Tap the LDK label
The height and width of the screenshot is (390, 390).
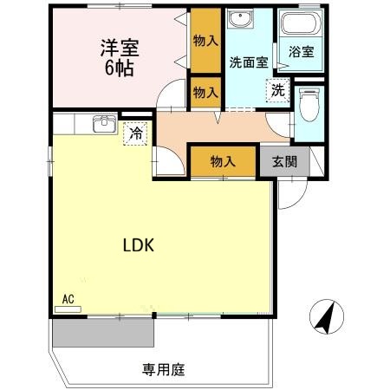[x=136, y=245]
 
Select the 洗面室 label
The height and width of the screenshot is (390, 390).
[x=247, y=62]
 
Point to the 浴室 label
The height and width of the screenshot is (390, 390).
[x=302, y=52]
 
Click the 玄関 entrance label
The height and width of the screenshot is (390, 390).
[x=283, y=160]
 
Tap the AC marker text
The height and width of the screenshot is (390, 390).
[x=68, y=299]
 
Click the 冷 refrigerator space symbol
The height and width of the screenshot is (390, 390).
[x=135, y=133]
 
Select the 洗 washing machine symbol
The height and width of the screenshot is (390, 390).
[x=276, y=89]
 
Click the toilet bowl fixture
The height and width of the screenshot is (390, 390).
[x=309, y=107]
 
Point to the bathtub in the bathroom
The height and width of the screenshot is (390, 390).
[x=302, y=26]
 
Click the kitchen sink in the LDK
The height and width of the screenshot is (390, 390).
[x=103, y=125]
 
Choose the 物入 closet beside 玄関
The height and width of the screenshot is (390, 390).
[x=224, y=160]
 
